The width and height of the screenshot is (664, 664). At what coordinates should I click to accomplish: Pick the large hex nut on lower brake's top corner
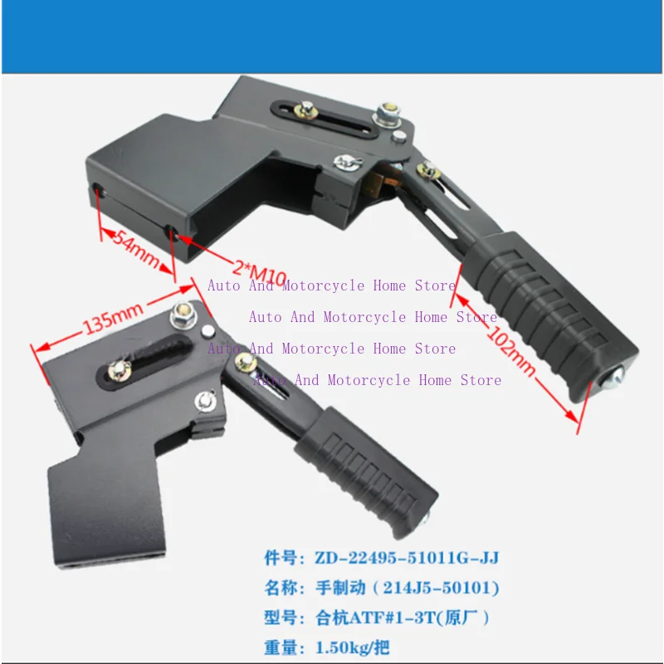pos(183,314)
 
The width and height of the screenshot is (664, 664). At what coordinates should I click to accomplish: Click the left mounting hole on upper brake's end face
pos(99,192)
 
